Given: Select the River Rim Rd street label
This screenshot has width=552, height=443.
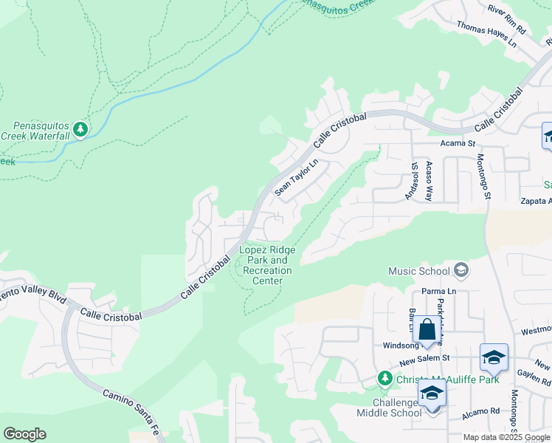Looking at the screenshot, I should pyautogui.click(x=507, y=20).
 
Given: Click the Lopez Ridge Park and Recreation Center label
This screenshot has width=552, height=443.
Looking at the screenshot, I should pyautogui.click(x=267, y=265).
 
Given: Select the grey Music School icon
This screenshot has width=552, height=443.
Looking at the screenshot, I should pyautogui.click(x=461, y=270).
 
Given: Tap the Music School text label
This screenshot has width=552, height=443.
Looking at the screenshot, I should pyautogui.click(x=418, y=271).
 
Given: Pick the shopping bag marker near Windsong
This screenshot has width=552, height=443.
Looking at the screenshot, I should pyautogui.click(x=427, y=329).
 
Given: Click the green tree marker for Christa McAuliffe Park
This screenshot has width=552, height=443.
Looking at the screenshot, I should pyautogui.click(x=384, y=379).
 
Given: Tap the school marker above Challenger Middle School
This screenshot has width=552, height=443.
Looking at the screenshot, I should pyautogui.click(x=432, y=394).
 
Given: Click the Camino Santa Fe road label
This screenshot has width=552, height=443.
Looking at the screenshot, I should pyautogui.click(x=131, y=406).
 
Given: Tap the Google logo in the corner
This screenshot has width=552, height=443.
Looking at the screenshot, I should pyautogui.click(x=24, y=434).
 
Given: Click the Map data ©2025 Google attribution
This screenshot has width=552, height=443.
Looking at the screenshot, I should pyautogui.click(x=506, y=437).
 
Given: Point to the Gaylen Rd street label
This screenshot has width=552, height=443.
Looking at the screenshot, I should pyautogui.click(x=537, y=377).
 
